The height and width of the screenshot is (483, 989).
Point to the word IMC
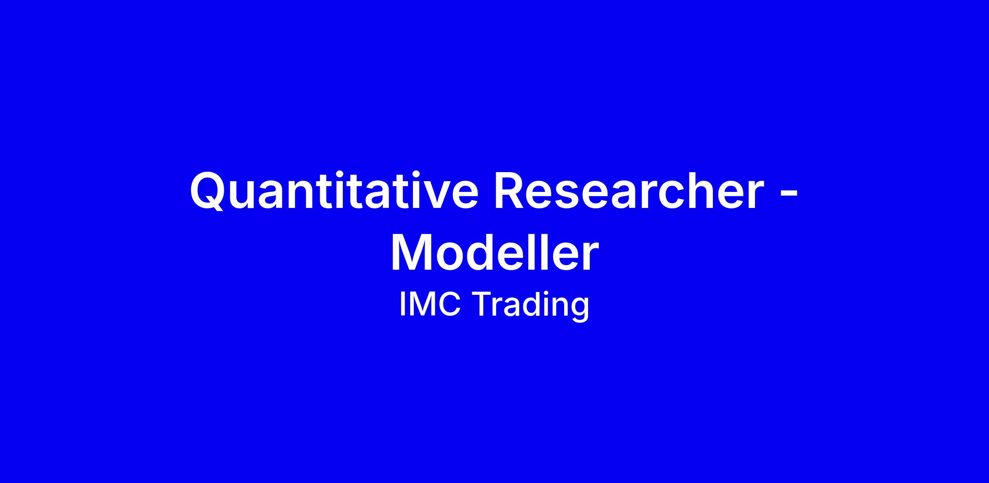(x=430, y=305)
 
